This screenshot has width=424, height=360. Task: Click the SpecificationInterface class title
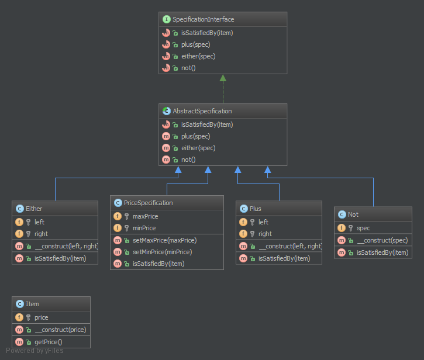click(x=203, y=19)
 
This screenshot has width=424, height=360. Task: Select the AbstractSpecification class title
click(x=202, y=111)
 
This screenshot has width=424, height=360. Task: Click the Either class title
click(x=34, y=209)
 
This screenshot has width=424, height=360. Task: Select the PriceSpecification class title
click(x=149, y=203)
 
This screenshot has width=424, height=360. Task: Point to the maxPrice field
click(x=145, y=216)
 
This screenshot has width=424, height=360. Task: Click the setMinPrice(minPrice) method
click(x=158, y=252)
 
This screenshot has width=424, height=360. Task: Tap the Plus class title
click(x=255, y=209)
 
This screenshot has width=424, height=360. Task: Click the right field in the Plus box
click(x=264, y=234)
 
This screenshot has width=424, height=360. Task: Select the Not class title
click(x=353, y=214)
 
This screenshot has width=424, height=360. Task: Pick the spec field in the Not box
click(x=363, y=228)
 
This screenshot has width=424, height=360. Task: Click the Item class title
click(x=32, y=304)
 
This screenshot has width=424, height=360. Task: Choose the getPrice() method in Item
click(x=48, y=341)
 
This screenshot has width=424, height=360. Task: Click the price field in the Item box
click(x=42, y=317)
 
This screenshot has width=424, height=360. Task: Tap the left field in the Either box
click(x=39, y=222)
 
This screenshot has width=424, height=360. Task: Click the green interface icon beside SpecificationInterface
click(x=167, y=19)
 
